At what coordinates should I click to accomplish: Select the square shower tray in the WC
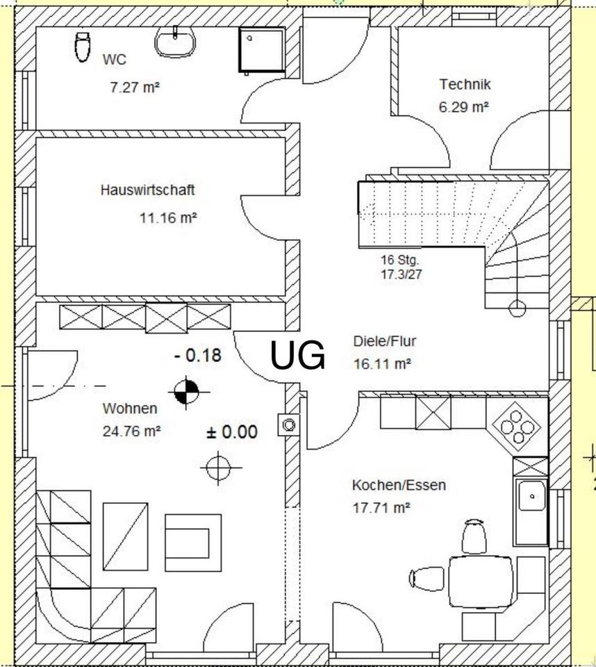pos(262,50)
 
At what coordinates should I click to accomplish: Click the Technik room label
pos(465,85)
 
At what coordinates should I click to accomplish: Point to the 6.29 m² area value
pos(464,107)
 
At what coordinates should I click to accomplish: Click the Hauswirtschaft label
pos(147,190)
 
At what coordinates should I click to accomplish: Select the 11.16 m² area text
pos(168,217)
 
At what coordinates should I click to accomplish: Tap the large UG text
pos(297,356)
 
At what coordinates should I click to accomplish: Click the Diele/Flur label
pos(385,342)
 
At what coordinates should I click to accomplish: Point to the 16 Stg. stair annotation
pos(399,261)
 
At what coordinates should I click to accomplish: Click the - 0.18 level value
pos(198,356)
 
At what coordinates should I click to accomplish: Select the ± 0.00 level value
pos(232,432)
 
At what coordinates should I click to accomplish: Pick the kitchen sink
pos(531,497)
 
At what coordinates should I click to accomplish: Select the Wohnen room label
pos(130,409)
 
